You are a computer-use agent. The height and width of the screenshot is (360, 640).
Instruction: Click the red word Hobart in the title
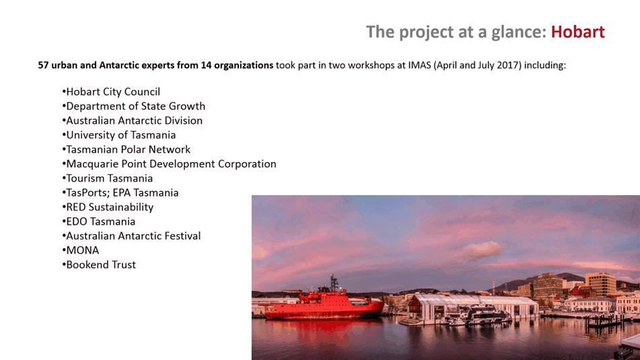[x=577, y=32]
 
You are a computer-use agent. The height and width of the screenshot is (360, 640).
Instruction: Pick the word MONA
[x=83, y=250]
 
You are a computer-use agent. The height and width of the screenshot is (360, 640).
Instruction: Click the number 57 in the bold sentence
[x=43, y=65]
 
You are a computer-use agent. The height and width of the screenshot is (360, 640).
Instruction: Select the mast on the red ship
[x=334, y=283]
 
